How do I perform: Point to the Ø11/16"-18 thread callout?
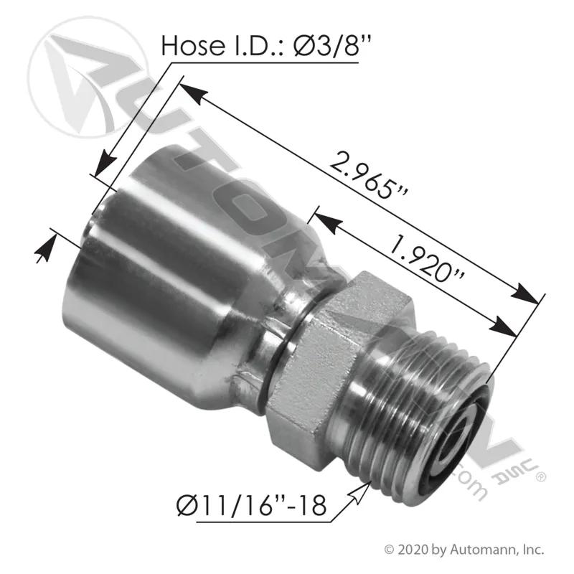tap(251, 505)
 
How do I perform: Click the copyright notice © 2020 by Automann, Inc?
tap(464, 549)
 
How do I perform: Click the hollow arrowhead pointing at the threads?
tap(361, 491)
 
